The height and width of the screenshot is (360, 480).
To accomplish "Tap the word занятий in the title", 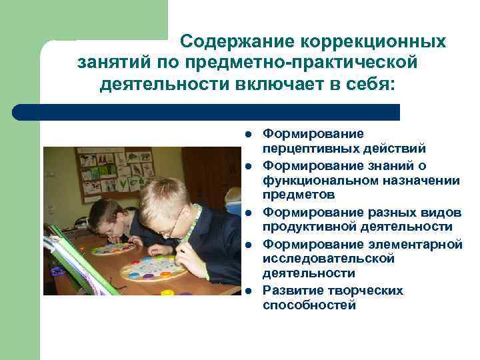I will pos(115,63).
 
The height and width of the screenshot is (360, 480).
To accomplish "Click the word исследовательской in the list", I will pos(328,259).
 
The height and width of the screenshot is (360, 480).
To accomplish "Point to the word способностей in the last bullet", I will pos(309,305).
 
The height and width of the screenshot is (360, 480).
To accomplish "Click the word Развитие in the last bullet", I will pos(289,291).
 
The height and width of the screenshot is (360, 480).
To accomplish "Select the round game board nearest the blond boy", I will pos(153,268).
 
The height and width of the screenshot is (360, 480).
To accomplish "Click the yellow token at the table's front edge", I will pos(167,292).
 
